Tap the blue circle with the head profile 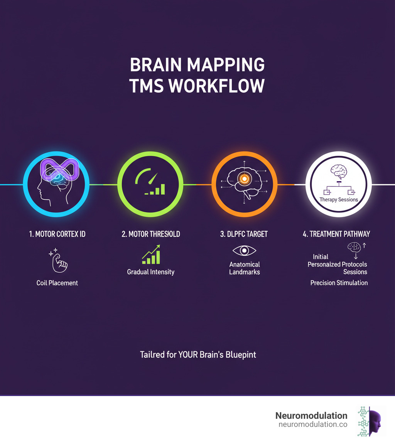pos(56,185)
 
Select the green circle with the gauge pos(150,185)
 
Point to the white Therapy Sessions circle pos(339,185)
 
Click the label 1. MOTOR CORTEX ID pos(57,234)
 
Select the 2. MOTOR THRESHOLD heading pos(151,234)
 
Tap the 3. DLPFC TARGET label pos(245,234)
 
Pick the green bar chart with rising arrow pos(151,255)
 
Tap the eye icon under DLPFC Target pos(245,251)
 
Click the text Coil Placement pos(57,283)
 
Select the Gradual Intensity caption pos(151,272)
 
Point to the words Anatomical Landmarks pos(245,268)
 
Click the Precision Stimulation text pos(339,283)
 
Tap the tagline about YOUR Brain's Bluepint pos(198,354)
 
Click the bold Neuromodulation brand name pos(311,416)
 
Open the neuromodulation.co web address pos(313,425)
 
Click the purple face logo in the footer pos(375,421)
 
